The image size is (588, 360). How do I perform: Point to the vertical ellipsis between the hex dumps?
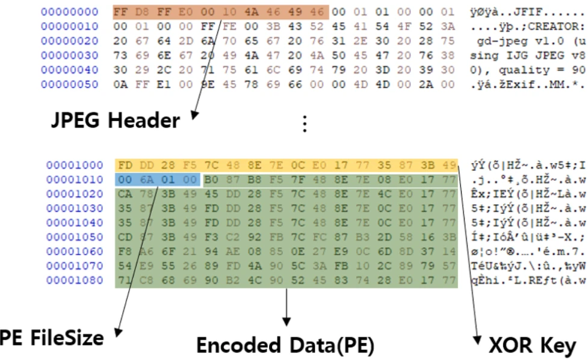(305, 123)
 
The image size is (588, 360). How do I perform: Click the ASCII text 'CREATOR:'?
(563, 26)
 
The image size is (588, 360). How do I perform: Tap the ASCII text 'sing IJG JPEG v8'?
(527, 55)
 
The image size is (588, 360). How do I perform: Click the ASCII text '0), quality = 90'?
(527, 70)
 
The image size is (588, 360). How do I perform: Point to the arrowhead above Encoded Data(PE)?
(286, 322)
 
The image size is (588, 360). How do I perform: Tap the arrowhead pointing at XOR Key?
(479, 335)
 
